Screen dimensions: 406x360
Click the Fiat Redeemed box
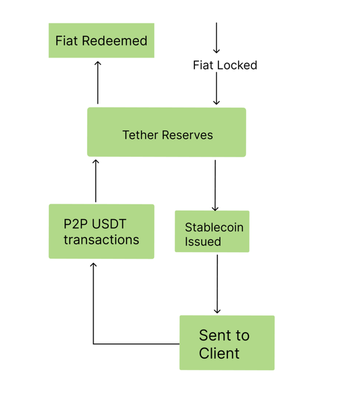[101, 41]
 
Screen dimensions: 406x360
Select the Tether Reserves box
[166, 132]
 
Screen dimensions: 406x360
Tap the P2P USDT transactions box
[101, 231]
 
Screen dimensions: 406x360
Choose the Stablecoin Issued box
[212, 231]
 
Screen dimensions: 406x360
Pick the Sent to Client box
[227, 342]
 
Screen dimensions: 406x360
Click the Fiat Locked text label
[225, 65]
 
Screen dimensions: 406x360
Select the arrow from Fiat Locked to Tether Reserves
[217, 90]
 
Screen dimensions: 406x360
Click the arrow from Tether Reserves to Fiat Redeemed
[98, 82]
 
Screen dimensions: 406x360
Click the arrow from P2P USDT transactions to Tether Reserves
[95, 180]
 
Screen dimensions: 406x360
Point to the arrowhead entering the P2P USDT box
[93, 265]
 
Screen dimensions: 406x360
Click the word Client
[219, 353]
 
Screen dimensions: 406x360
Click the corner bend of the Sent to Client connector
[93, 344]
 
